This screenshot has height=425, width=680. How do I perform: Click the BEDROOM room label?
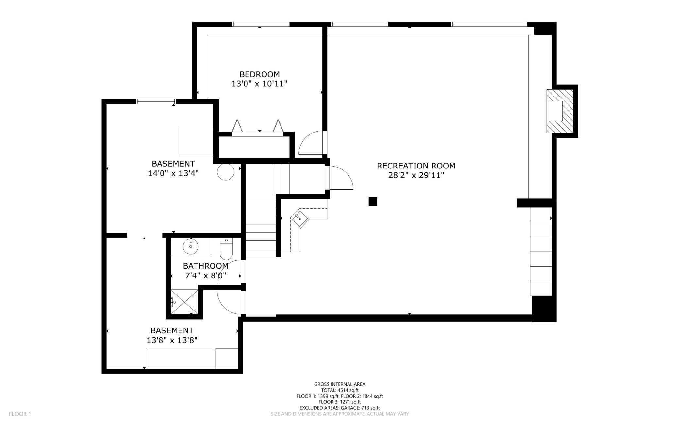(260, 74)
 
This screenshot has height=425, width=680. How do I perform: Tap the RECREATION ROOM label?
(416, 166)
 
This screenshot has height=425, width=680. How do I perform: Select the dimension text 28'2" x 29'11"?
(416, 175)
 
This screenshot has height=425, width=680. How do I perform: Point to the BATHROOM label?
(205, 266)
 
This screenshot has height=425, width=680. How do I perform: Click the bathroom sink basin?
(191, 246)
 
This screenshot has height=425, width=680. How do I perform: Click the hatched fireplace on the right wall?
(560, 111)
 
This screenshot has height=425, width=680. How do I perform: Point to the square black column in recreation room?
(373, 202)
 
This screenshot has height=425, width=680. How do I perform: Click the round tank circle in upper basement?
(226, 171)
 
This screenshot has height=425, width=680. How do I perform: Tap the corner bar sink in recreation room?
(300, 218)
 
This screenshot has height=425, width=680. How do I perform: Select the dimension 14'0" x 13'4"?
(173, 173)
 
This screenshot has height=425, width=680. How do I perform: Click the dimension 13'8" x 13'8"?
(172, 340)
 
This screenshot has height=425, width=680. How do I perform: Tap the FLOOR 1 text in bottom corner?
(20, 414)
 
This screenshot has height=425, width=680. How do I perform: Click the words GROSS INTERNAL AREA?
(340, 384)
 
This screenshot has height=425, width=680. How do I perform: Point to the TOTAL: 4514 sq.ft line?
(340, 390)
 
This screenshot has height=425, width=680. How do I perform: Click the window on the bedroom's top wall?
(261, 24)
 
